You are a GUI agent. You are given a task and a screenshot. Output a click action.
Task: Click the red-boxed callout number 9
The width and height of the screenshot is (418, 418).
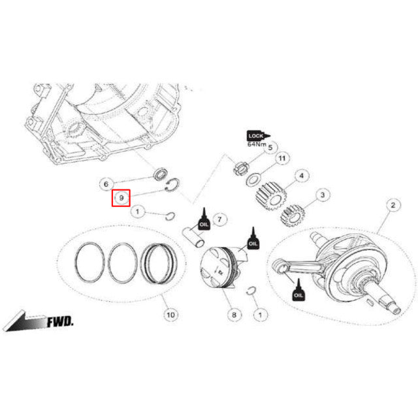121,197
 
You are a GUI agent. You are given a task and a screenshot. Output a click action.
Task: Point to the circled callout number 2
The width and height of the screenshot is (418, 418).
393,206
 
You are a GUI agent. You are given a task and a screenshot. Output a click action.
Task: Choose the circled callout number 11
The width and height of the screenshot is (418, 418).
282,159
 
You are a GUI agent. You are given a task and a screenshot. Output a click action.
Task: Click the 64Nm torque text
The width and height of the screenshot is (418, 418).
257,144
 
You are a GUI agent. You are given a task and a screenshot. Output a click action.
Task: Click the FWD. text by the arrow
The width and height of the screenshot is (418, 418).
60,322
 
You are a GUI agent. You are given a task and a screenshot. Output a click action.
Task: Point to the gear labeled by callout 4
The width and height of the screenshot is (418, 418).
270,195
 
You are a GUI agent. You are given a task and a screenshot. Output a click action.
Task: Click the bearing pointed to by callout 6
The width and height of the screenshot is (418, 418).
158,175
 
